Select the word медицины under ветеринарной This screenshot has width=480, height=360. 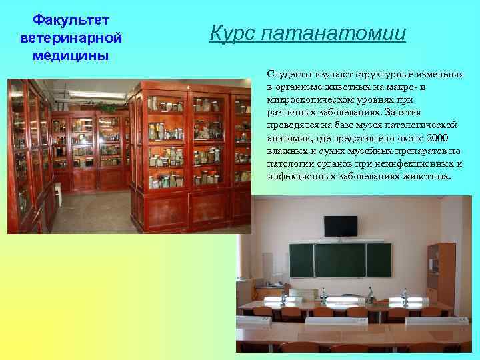click(x=65, y=55)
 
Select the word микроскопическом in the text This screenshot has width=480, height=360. click(x=307, y=100)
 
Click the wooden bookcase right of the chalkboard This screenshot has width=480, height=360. click(x=441, y=273)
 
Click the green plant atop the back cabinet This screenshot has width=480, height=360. click(x=107, y=107)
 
